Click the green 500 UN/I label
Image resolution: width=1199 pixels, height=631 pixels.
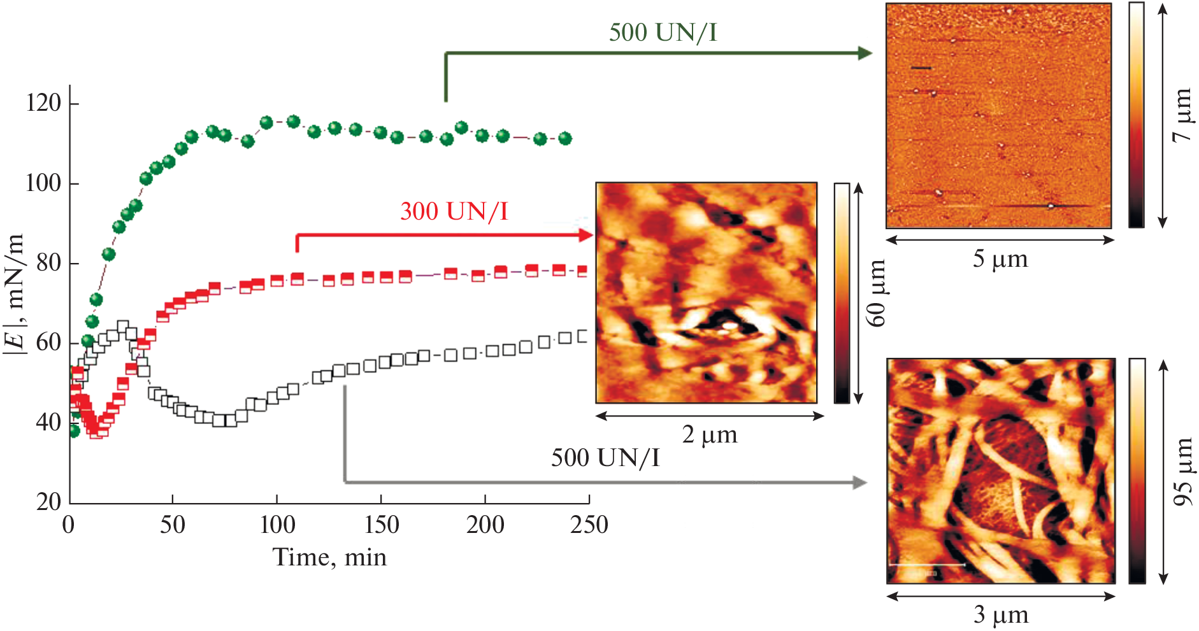pos(663,32)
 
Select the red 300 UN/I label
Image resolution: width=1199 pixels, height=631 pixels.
pos(454,211)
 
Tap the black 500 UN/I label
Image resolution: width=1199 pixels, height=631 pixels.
pos(605,458)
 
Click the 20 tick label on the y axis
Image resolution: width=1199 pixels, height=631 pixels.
pos(48,502)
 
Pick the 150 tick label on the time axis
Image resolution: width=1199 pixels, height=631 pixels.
pos(381,525)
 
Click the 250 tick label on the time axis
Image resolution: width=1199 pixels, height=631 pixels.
pos(589,525)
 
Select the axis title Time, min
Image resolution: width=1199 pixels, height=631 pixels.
pos(329,558)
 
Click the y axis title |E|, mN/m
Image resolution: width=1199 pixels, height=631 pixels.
pos(15,294)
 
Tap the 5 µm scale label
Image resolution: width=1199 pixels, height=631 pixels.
pos(1000,260)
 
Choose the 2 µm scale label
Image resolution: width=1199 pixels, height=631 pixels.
pos(709,435)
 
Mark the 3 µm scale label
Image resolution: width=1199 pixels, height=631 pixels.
pos(1000,615)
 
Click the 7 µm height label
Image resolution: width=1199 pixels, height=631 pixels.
pos(1182,115)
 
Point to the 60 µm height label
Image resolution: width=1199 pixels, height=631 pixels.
pos(877,293)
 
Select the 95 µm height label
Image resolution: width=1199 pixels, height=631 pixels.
pos(1182,472)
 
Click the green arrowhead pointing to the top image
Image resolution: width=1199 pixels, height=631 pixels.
pos(865,53)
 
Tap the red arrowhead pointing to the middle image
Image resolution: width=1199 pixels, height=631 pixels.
pos(585,236)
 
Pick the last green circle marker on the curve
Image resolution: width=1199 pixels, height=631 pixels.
pos(564,138)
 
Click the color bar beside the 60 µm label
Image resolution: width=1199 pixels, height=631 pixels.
pos(842,293)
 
